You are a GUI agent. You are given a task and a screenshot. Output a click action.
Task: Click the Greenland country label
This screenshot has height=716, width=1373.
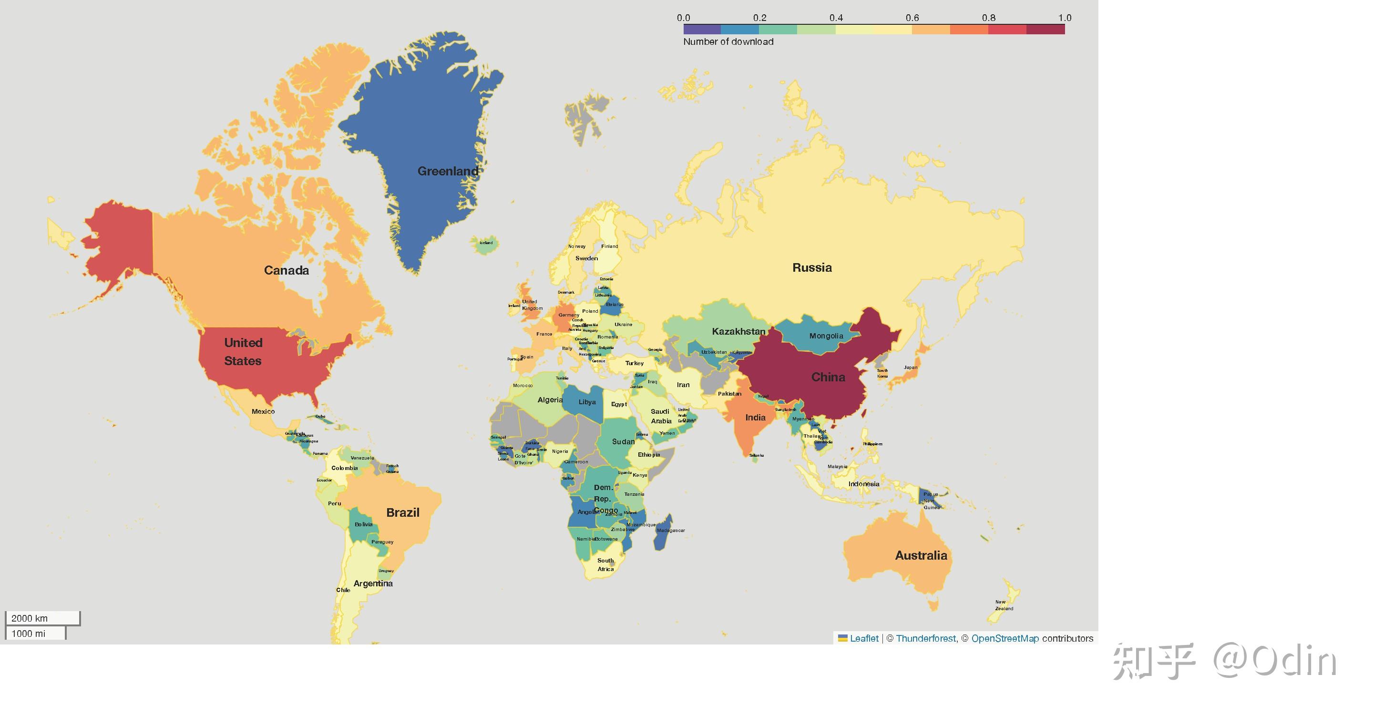point(448,171)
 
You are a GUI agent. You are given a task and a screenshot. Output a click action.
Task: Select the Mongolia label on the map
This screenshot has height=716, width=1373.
point(826,336)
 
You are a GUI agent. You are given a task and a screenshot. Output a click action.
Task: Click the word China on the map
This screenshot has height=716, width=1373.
point(828,377)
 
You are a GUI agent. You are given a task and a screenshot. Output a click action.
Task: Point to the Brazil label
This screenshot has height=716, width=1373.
point(402,512)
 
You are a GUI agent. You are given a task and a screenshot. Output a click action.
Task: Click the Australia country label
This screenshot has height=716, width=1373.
point(921,555)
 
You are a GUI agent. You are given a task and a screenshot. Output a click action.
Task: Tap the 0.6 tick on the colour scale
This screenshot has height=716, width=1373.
point(912,18)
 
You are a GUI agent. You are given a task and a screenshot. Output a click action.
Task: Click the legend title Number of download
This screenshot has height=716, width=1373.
point(728,41)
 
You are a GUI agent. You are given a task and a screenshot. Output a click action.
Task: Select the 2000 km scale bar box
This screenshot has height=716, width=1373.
point(42,618)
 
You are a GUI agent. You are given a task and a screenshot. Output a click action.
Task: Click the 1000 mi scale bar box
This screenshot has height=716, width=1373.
point(35,634)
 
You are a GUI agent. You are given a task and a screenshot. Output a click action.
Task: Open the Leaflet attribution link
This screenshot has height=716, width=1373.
point(863,638)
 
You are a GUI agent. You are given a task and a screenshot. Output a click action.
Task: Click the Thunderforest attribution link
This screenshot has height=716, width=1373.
point(925,638)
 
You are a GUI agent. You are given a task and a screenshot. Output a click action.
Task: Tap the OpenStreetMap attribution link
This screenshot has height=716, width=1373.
point(1004,638)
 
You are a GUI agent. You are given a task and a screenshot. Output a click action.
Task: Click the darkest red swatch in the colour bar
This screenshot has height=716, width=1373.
point(1045,30)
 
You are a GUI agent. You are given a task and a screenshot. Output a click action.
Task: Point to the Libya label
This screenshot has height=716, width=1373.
point(587,402)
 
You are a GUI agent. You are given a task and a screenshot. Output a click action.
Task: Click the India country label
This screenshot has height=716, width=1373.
point(755,418)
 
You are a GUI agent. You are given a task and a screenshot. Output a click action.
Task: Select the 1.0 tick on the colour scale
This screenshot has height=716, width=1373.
point(1064,18)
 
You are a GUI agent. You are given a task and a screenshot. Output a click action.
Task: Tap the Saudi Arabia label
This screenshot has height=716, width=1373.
point(660,416)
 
